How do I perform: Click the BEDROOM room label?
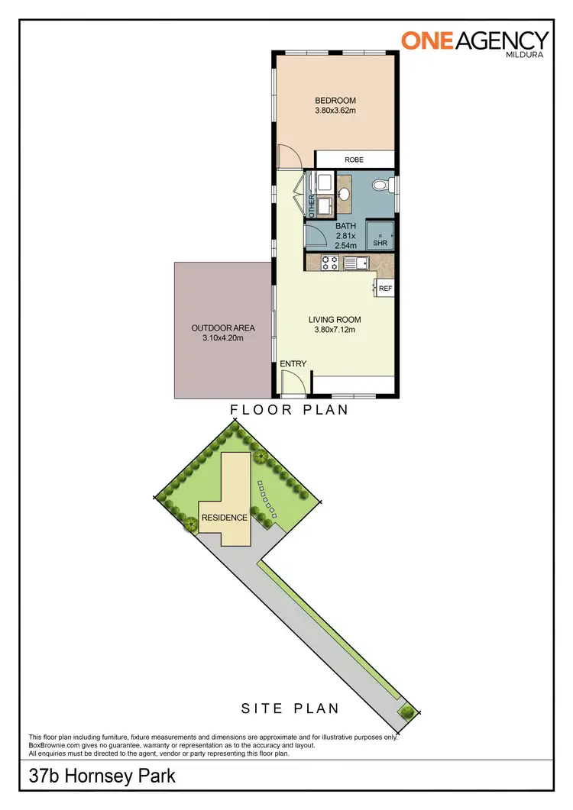point(335,100)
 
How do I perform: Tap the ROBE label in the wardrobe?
point(353,160)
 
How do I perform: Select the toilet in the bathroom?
point(388,186)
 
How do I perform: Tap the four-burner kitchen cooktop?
point(330,263)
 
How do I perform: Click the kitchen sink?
point(356,263)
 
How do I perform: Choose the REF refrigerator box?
point(385,289)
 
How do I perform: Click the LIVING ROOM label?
point(335,320)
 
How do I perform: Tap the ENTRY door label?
point(293,364)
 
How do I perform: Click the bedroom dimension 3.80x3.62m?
point(335,111)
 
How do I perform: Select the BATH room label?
point(346,226)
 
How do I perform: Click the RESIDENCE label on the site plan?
point(225,518)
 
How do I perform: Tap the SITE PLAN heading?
point(290,708)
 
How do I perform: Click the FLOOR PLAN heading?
point(290,410)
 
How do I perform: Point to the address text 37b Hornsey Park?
point(102,777)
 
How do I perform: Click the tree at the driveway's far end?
point(407,712)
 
